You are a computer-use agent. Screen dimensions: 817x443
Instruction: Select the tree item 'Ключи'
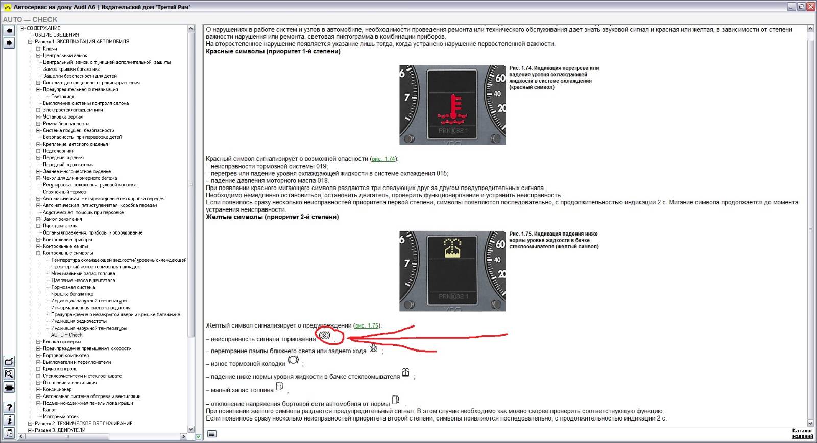[x=50, y=49]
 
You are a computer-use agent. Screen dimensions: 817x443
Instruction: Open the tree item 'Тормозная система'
[x=73, y=287]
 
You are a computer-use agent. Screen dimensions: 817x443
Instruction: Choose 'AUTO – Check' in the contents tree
[x=66, y=335]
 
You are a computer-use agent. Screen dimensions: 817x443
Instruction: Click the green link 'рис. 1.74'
[x=383, y=159]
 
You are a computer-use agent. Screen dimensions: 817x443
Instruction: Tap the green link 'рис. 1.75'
[x=367, y=325]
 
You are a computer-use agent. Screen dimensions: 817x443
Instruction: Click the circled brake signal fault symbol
[x=324, y=335]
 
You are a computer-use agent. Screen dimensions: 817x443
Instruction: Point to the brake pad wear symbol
[x=293, y=360]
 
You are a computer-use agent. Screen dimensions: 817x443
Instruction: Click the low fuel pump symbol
[x=279, y=386]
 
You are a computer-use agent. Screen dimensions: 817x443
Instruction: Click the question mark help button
[x=9, y=407]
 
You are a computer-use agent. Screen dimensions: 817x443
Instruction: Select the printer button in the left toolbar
[x=9, y=387]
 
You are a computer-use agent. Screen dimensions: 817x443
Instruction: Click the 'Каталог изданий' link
[x=802, y=433]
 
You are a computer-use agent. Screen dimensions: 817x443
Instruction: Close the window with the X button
[x=810, y=7]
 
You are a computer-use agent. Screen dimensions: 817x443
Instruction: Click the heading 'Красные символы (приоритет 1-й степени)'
[x=273, y=52]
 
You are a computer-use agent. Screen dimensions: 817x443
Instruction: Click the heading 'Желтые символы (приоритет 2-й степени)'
[x=272, y=217]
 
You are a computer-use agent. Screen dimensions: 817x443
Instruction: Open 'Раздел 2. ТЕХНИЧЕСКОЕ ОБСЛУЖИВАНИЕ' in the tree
[x=84, y=423]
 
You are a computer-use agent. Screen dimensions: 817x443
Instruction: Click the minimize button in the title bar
[x=791, y=7]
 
